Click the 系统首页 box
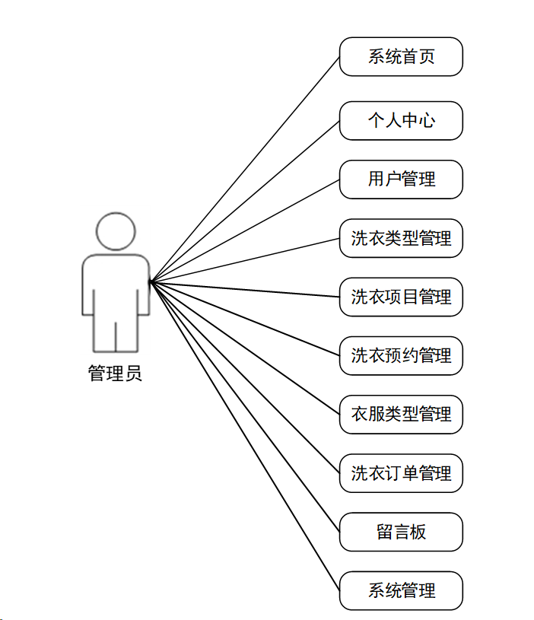pos(401,57)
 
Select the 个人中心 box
pos(401,120)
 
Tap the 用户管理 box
pos(401,180)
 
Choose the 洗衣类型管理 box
pos(401,238)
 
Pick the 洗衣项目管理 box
pos(401,297)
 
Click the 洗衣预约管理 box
pos(401,355)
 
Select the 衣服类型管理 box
pos(401,415)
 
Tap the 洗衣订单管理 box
pos(401,473)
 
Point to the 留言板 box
pos(401,532)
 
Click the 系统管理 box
pos(401,590)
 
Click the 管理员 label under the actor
pos(115,374)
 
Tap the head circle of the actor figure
pos(116,231)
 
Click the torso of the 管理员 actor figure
pos(116,285)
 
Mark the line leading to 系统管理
pos(244,435)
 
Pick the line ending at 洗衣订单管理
pos(244,377)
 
